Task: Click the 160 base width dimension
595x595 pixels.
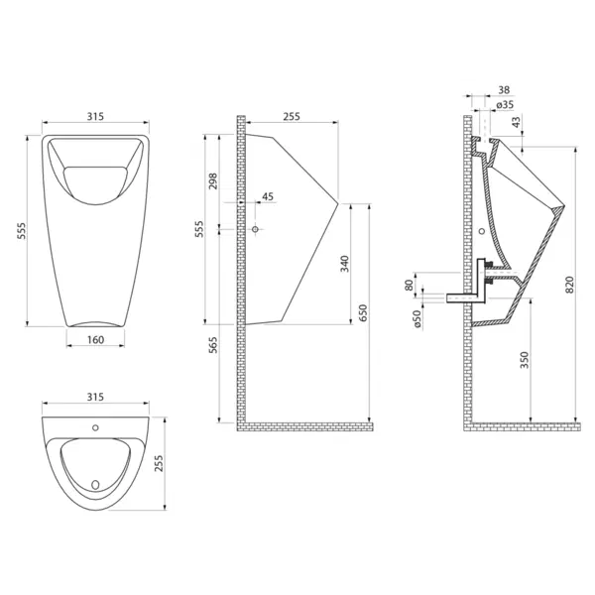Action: tap(95, 339)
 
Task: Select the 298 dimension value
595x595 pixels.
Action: tap(213, 181)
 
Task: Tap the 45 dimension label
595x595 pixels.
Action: tap(268, 196)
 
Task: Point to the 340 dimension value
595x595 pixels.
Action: tap(344, 264)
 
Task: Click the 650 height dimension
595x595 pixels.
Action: tap(363, 313)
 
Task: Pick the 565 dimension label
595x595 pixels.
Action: tap(213, 345)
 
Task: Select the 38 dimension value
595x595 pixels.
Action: tap(504, 90)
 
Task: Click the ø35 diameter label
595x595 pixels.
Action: tap(505, 104)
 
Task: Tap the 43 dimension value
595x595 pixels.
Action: tap(517, 122)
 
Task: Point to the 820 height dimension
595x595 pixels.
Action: tap(570, 285)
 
